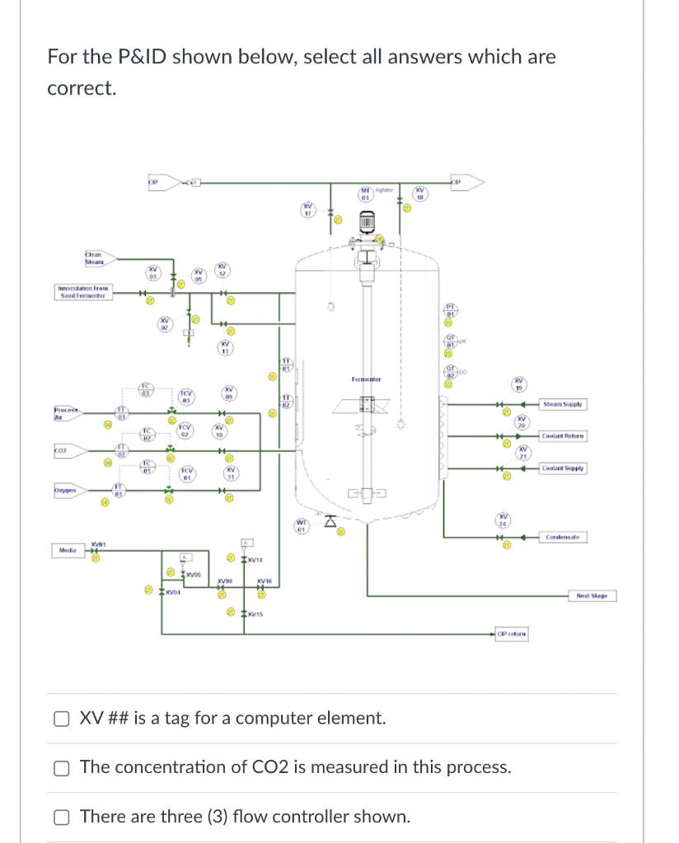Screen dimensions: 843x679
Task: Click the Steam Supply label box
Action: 563,404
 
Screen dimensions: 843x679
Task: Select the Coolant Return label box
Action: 563,435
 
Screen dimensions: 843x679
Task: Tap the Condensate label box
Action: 563,538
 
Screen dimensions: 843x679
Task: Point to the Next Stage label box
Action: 592,595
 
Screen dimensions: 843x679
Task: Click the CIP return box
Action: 511,634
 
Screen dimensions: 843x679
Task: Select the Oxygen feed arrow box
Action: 68,491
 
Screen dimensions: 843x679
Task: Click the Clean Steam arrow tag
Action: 96,258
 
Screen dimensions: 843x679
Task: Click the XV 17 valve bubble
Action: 307,209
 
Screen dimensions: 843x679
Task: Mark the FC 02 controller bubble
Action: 146,434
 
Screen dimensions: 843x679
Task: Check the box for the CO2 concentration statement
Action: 61,768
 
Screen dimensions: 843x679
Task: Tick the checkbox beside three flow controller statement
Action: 61,817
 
